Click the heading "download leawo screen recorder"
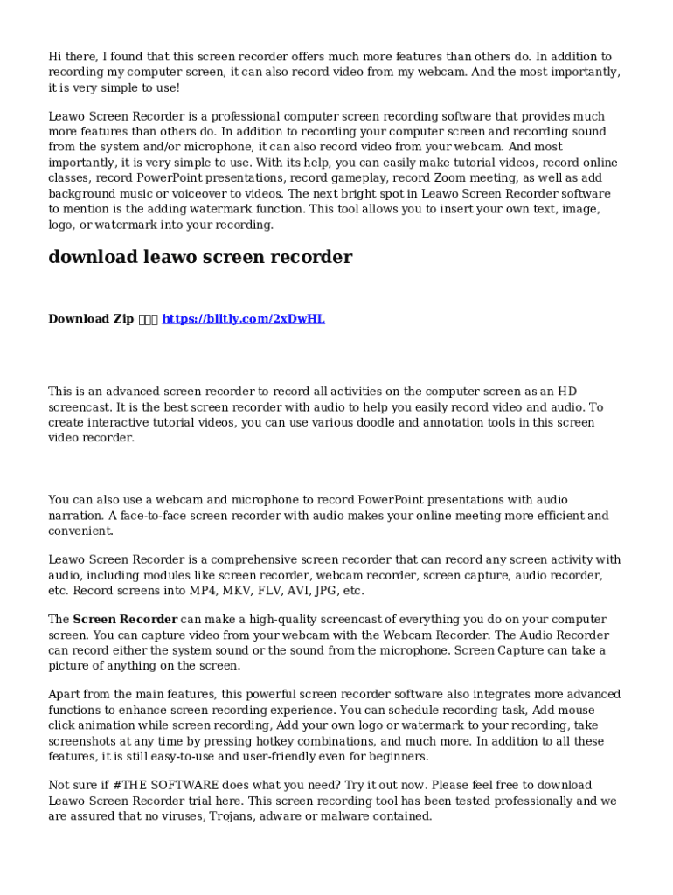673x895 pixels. (200, 257)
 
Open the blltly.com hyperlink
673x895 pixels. (243, 319)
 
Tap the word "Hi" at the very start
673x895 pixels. (55, 57)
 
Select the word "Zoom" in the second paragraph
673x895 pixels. (448, 178)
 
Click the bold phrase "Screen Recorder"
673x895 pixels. (125, 620)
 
